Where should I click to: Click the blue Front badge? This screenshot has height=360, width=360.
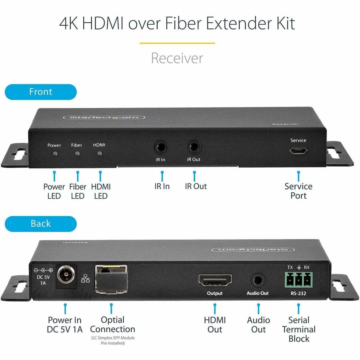click(x=40, y=92)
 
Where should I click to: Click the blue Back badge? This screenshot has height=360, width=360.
click(x=40, y=224)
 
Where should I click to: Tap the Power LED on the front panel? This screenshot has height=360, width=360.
click(x=54, y=153)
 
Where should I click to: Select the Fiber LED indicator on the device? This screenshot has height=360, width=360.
click(x=77, y=153)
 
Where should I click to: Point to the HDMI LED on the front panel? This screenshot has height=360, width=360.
click(x=100, y=153)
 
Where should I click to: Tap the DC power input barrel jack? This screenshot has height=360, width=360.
click(x=65, y=276)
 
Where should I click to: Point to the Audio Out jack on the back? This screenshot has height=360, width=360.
click(x=258, y=279)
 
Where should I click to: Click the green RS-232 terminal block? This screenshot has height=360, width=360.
click(x=298, y=279)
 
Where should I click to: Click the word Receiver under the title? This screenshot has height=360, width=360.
click(x=177, y=58)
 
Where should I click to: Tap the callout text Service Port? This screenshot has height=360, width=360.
click(x=298, y=191)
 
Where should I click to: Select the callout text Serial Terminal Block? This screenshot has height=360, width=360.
click(x=298, y=329)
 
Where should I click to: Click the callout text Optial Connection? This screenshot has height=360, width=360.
click(x=112, y=324)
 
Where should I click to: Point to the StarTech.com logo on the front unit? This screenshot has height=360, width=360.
click(x=104, y=117)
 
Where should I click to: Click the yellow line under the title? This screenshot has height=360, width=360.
click(x=177, y=43)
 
